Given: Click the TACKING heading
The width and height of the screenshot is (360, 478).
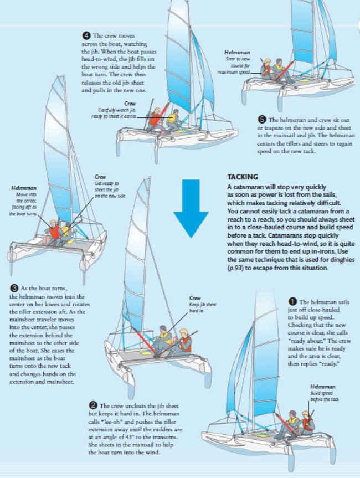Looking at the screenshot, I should (x=243, y=177).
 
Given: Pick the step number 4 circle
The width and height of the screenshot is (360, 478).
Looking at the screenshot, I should (x=85, y=36).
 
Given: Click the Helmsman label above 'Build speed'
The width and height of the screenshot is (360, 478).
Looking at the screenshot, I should (x=322, y=386).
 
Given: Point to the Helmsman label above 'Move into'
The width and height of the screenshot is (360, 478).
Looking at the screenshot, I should (x=23, y=189).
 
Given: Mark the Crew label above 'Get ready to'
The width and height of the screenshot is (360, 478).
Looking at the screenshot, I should (x=101, y=177).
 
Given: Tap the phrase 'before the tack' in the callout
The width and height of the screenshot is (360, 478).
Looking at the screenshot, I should (x=325, y=399).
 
